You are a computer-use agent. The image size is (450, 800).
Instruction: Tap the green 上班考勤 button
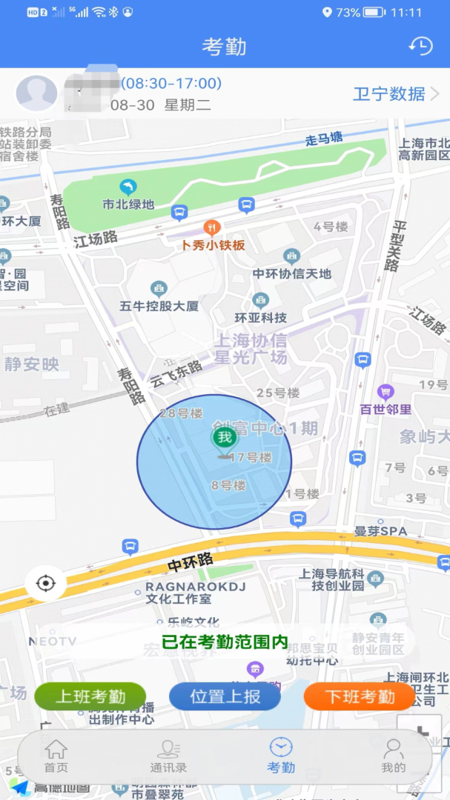90,696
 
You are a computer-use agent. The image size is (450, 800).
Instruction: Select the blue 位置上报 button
225,696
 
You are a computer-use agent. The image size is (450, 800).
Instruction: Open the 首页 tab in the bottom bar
56,756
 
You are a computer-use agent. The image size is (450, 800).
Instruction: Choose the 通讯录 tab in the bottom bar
168,756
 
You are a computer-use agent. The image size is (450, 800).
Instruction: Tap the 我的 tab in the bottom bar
393,756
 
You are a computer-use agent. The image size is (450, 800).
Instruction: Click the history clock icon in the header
420,46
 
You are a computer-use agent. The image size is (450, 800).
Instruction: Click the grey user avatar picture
36,93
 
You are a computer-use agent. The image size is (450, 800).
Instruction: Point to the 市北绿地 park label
128,204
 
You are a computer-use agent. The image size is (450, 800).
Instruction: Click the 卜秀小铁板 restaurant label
213,244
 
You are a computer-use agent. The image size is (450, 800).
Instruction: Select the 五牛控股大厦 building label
159,305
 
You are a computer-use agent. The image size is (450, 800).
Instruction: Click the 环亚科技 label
260,317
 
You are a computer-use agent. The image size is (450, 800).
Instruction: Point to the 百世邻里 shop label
386,408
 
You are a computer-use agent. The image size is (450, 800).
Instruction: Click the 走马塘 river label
325,139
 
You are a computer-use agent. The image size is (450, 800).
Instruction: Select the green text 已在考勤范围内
225,642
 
